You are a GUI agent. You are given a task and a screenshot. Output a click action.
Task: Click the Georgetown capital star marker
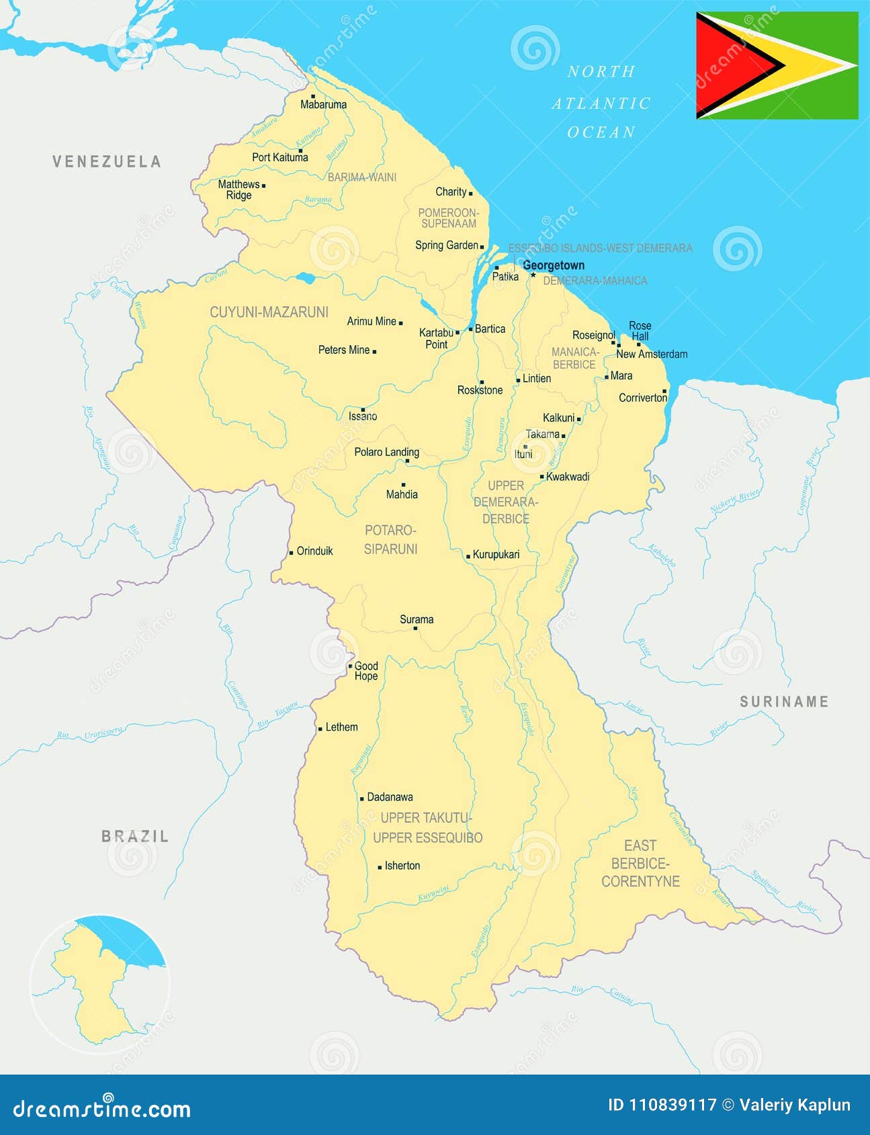pyautogui.click(x=533, y=274)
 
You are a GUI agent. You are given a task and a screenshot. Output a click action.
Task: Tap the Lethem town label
pyautogui.click(x=341, y=727)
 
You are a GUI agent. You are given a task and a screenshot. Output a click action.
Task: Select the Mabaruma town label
pyautogui.click(x=323, y=105)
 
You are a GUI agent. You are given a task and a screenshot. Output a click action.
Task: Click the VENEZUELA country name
pyautogui.click(x=107, y=161)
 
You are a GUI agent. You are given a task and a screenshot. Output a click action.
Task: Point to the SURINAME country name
pyautogui.click(x=784, y=702)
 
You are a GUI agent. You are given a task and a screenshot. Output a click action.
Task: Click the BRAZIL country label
pyautogui.click(x=135, y=836)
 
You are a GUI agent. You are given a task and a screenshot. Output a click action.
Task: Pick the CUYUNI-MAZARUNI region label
pyautogui.click(x=269, y=312)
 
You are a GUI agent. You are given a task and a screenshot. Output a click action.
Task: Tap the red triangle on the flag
pyautogui.click(x=729, y=65)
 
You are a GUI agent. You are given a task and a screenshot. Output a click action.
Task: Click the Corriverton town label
pyautogui.click(x=643, y=398)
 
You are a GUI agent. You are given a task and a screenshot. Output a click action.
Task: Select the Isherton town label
pyautogui.click(x=402, y=866)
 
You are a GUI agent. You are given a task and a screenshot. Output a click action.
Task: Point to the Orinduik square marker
pyautogui.click(x=291, y=553)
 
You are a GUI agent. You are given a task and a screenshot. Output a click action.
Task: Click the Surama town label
pyautogui.click(x=417, y=619)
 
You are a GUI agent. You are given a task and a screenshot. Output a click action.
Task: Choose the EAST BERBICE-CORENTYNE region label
pyautogui.click(x=640, y=864)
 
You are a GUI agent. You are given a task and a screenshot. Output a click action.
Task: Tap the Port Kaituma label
pyautogui.click(x=280, y=157)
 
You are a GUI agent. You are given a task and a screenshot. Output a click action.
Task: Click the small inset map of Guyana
pyautogui.click(x=99, y=983)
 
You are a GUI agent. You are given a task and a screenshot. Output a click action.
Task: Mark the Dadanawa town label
pyautogui.click(x=390, y=797)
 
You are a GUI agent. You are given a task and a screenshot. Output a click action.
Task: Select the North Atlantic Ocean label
pyautogui.click(x=601, y=102)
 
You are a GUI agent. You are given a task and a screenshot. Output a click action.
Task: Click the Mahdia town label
pyautogui.click(x=402, y=494)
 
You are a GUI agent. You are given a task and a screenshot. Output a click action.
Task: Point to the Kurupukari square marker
pyautogui.click(x=468, y=556)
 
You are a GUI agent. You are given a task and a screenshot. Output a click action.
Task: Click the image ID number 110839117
pyautogui.click(x=672, y=1105)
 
